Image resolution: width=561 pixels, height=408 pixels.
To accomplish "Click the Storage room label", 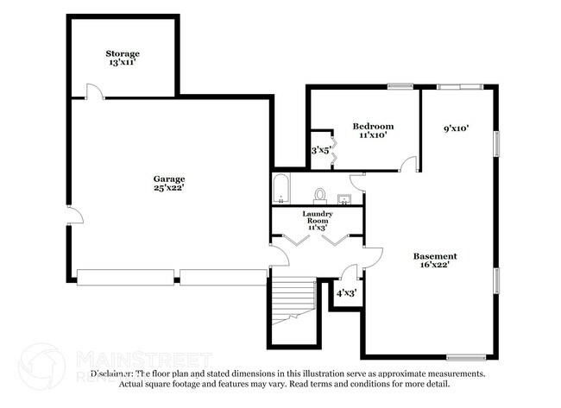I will tap(123, 53).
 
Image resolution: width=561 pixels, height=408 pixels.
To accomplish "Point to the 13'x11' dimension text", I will tap(123, 63).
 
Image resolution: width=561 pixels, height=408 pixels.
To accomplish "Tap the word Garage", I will tap(169, 179).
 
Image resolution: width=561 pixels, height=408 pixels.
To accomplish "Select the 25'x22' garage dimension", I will tap(169, 187).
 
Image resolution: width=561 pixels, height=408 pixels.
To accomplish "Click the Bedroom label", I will tap(373, 126).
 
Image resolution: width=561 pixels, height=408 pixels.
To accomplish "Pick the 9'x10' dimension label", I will tap(456, 129).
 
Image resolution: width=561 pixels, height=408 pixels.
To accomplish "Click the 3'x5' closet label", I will tap(320, 150).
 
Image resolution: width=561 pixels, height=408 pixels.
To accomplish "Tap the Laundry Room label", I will tap(315, 217).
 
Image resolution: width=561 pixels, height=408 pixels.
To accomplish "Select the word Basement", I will tap(435, 256).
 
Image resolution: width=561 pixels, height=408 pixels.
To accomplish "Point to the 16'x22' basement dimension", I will tap(435, 266).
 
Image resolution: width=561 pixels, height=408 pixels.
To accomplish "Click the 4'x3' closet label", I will tap(345, 292).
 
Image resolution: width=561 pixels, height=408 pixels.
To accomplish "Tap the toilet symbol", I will tap(319, 195).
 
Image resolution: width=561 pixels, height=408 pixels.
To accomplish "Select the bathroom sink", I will tap(344, 199).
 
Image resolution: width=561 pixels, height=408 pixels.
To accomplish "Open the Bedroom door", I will tap(409, 164).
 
